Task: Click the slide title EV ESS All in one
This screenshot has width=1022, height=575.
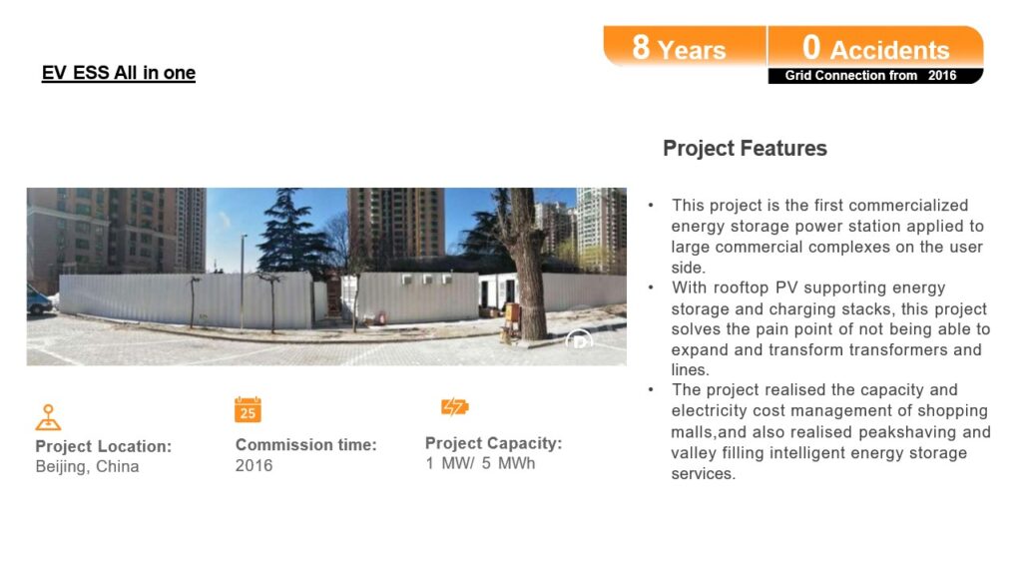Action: point(119,72)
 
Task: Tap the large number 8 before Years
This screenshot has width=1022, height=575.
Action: point(641,47)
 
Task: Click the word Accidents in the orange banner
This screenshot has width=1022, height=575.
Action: point(889,50)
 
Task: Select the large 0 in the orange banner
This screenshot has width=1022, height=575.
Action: point(810,47)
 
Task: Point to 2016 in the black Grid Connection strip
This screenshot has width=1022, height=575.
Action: point(942,76)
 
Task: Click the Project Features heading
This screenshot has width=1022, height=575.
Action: point(745,149)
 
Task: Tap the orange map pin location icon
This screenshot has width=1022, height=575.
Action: point(48,417)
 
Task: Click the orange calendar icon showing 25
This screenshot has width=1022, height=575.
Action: point(248,409)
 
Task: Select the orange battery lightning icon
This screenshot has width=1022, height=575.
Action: point(455,407)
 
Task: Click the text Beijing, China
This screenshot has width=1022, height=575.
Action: point(88,467)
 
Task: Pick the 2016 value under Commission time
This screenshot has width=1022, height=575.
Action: point(255,465)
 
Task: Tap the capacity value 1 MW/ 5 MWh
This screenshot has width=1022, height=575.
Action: point(480,463)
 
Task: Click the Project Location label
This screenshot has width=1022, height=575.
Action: point(104,446)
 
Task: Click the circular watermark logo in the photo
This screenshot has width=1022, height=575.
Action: point(579,340)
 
